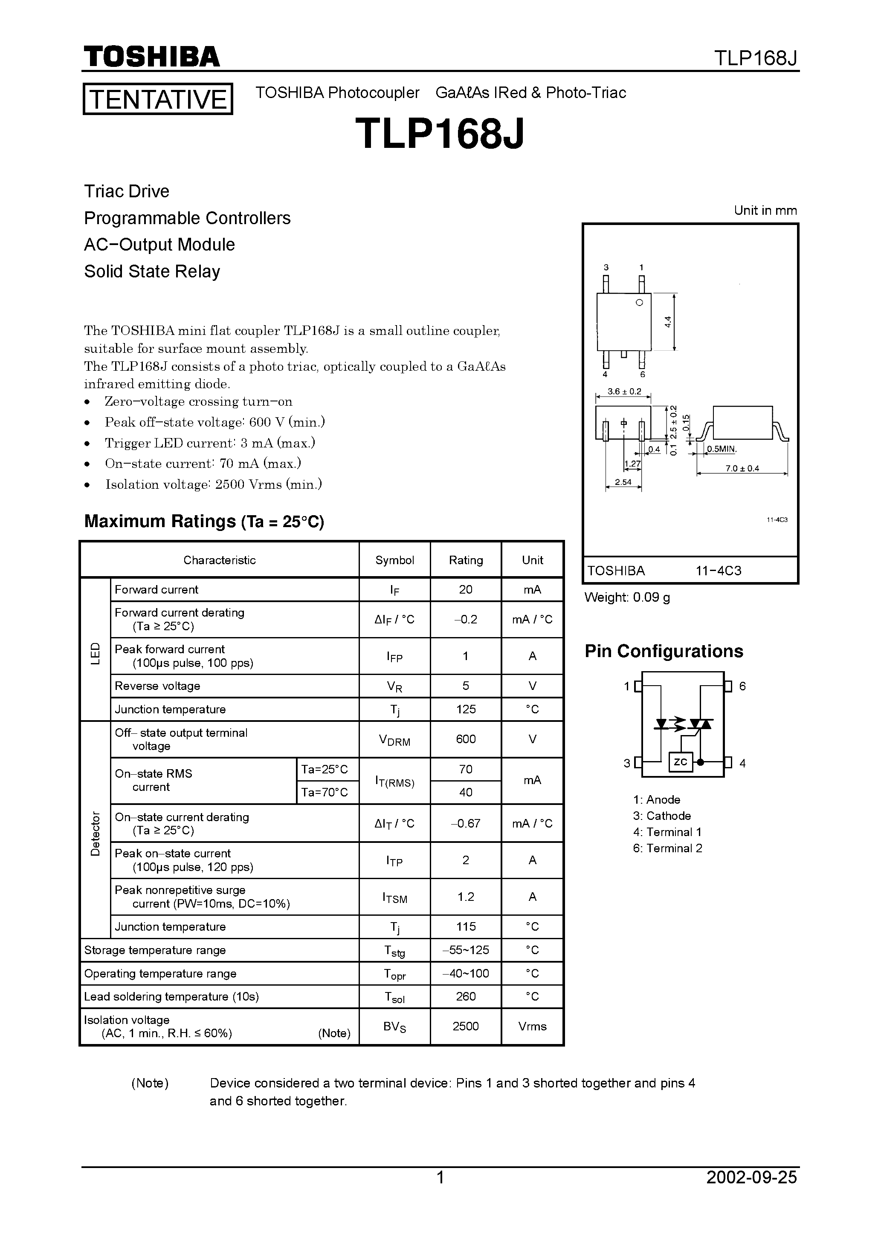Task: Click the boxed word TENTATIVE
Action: coord(157,99)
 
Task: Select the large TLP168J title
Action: coord(440,133)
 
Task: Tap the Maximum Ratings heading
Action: coord(204,521)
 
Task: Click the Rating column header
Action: coord(466,560)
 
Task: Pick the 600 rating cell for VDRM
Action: coord(466,739)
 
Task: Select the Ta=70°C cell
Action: coord(324,792)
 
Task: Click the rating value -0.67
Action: coord(466,823)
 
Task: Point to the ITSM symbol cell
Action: coord(394,897)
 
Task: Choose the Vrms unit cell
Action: coord(532,1026)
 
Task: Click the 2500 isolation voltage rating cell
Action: coord(466,1026)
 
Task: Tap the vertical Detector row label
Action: coord(96,834)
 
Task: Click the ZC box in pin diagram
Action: coord(680,762)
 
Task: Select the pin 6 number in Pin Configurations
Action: coord(742,686)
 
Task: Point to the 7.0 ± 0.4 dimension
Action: coord(742,468)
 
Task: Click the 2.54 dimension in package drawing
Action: coord(623,482)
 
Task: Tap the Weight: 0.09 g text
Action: coord(627,597)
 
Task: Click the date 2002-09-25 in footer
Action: coord(751,1192)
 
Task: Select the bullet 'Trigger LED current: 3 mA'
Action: coord(210,443)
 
